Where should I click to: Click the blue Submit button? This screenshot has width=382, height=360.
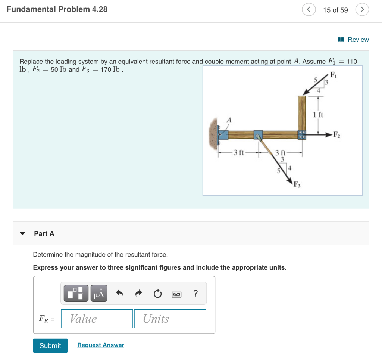(50, 345)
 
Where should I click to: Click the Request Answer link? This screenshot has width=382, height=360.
(101, 345)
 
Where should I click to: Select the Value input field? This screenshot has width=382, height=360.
(97, 319)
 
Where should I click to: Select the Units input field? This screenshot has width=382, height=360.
(170, 319)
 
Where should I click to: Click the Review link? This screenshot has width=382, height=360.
(353, 40)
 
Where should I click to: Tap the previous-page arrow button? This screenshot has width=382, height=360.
(309, 10)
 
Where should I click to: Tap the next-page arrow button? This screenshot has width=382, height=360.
(362, 10)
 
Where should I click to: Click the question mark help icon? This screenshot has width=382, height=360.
(195, 294)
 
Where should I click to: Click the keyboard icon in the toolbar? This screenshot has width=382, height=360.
(176, 294)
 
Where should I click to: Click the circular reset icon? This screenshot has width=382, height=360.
(157, 294)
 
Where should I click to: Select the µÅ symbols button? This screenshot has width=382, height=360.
(99, 294)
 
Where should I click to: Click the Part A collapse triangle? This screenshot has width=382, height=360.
(23, 234)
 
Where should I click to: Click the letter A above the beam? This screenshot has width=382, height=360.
(229, 120)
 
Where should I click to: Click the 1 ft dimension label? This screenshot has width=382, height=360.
(318, 115)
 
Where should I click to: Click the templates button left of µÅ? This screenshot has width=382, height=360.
(76, 294)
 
